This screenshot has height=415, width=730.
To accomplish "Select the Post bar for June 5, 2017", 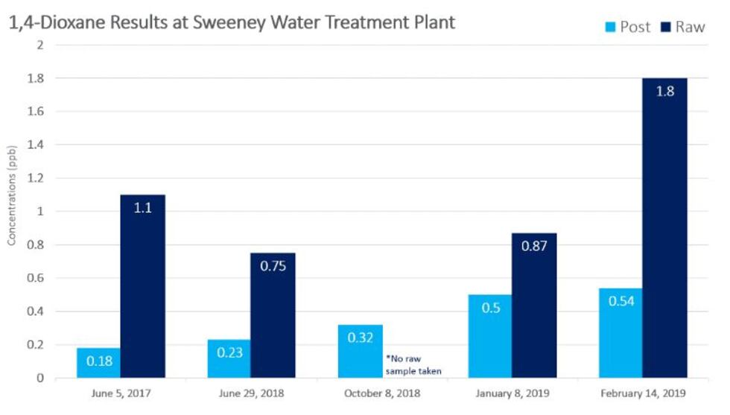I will [98, 363].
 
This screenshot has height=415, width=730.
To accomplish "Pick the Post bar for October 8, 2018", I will [361, 351].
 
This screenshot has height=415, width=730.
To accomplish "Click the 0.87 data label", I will [533, 247].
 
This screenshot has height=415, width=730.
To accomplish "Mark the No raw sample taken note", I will [413, 364].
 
